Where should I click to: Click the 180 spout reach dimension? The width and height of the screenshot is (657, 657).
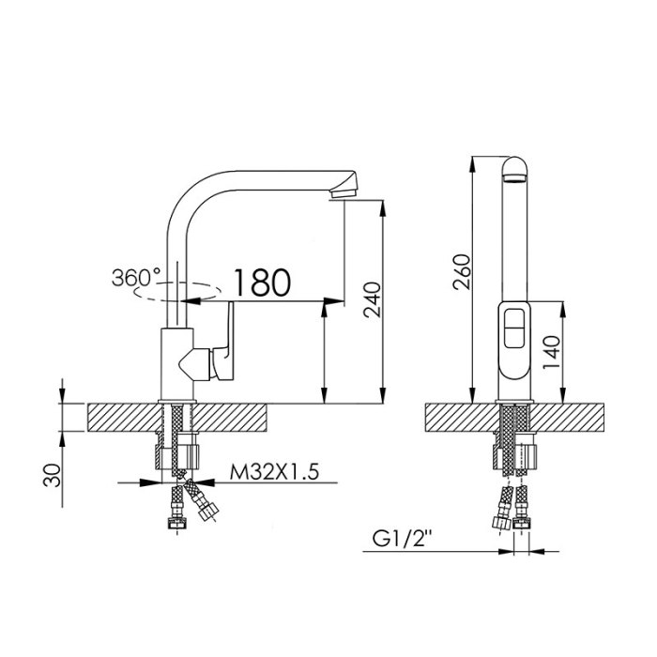(x=262, y=283)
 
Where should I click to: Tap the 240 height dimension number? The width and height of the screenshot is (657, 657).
(x=373, y=300)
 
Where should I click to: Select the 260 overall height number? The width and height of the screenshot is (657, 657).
(x=463, y=271)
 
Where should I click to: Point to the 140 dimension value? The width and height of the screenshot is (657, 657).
(x=552, y=352)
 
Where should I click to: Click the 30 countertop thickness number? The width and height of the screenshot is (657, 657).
(x=52, y=475)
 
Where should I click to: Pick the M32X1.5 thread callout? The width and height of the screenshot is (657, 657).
(x=274, y=472)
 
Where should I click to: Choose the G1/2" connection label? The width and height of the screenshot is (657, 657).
(x=403, y=540)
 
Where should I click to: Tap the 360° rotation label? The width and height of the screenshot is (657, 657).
(x=136, y=278)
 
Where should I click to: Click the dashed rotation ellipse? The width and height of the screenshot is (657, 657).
(x=177, y=292)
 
